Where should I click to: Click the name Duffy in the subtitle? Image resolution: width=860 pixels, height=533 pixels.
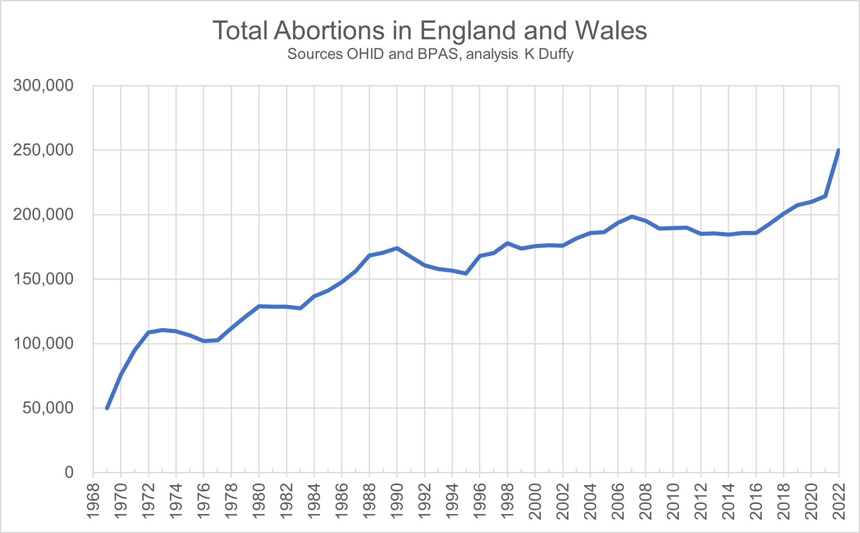coord(556,54)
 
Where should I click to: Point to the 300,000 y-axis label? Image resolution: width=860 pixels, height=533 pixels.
coord(43,86)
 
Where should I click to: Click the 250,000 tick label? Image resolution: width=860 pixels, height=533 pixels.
coord(43,150)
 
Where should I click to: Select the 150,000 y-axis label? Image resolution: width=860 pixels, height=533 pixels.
coord(43,279)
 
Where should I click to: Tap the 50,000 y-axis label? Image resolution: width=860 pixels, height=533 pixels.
coord(48,408)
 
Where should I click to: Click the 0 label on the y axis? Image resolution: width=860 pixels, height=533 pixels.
coord(69,472)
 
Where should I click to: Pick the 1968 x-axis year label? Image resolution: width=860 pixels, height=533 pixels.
coord(93,501)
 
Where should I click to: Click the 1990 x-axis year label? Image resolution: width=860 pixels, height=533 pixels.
coord(397,501)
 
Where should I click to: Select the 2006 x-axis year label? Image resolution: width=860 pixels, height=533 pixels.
coord(618,501)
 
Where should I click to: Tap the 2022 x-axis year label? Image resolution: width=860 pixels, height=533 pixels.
coord(839,501)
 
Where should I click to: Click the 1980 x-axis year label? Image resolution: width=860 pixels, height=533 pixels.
coord(259,501)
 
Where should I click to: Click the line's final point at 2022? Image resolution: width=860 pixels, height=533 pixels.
coord(838,151)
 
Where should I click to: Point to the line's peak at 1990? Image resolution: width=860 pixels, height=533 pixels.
coord(397,248)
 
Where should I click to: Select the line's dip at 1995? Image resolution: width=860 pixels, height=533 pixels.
coord(466,273)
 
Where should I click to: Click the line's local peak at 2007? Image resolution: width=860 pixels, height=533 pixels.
coord(632,217)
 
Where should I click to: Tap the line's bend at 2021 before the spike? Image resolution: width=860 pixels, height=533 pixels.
coord(825,196)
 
